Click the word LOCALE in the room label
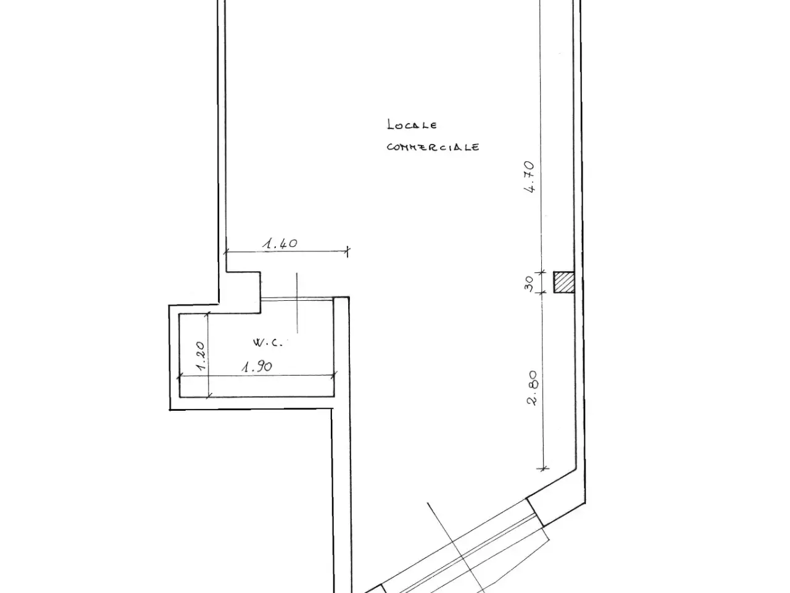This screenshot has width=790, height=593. [412, 125]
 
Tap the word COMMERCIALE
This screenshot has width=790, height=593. [433, 147]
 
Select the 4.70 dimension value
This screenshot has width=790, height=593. [530, 177]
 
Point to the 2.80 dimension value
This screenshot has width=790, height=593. [532, 388]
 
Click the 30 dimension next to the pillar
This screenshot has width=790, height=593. [529, 284]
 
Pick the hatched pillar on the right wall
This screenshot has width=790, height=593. [563, 282]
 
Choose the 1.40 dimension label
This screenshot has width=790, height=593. [280, 244]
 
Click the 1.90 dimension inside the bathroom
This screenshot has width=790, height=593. [257, 367]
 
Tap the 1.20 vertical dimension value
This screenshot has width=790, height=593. [200, 356]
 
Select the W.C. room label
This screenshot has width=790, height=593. [268, 342]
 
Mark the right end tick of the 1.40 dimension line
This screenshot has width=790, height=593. [347, 251]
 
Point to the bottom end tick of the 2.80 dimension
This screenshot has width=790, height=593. [543, 468]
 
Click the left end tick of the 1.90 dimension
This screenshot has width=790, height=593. [180, 377]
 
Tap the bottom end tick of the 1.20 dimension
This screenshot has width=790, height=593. [209, 397]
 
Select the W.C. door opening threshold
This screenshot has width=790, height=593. [297, 298]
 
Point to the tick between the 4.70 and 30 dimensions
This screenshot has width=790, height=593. [541, 272]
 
